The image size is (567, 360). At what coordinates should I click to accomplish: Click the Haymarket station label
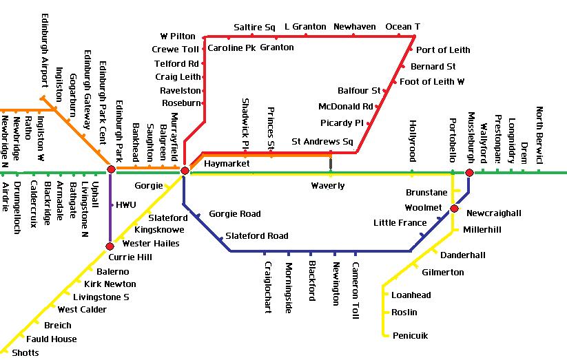point(227,164)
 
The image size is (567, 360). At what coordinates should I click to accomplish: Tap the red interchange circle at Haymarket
point(185,170)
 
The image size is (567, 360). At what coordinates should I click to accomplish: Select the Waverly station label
point(327,186)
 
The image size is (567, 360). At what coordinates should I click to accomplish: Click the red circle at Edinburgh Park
point(111,169)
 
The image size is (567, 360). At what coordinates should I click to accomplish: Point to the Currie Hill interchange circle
point(110,246)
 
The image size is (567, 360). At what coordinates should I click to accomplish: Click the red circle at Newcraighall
point(454,209)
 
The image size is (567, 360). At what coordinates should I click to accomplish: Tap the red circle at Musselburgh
point(469,173)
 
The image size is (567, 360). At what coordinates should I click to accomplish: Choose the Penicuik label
point(410,336)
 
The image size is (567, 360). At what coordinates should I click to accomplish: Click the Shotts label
point(25,353)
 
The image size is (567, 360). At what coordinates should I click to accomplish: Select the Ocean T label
point(402,27)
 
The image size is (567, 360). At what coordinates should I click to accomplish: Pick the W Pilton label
point(178,36)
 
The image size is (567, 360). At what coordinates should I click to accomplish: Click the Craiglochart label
point(268,287)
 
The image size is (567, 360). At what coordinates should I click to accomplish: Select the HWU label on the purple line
point(126,205)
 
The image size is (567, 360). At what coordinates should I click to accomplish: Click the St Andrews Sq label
point(322,142)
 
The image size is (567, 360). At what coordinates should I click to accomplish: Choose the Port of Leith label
point(443,50)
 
